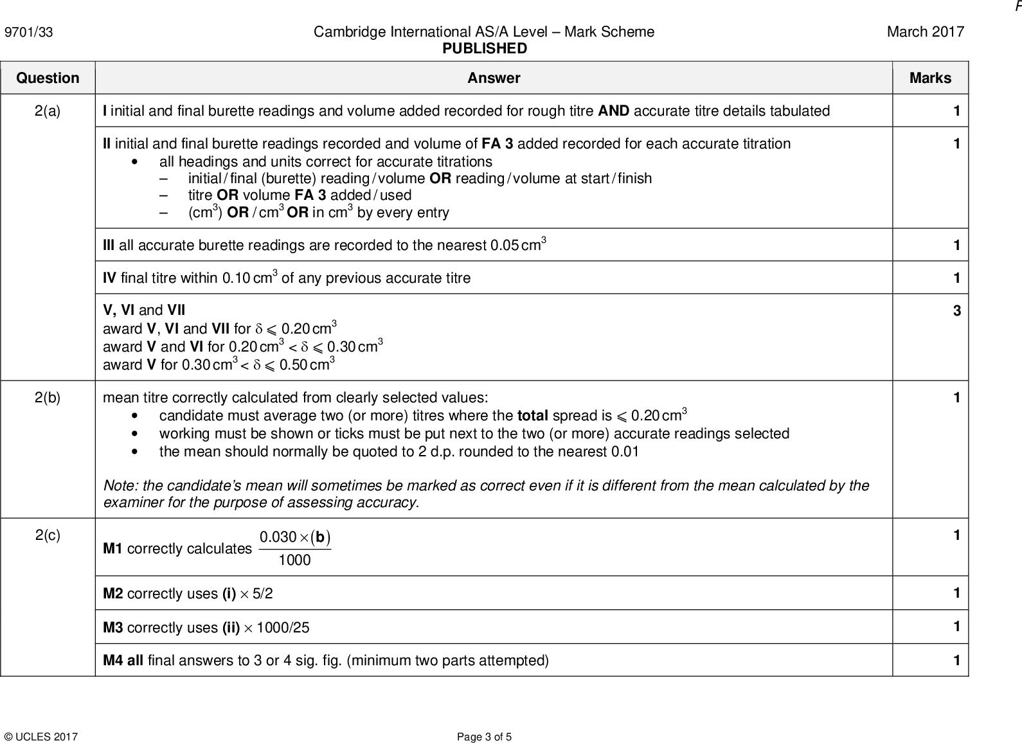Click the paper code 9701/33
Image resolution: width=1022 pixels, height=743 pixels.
point(29,32)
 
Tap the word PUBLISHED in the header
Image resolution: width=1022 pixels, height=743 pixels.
point(484,49)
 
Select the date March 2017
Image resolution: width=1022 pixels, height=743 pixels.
point(925,32)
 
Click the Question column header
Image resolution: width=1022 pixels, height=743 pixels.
point(48,78)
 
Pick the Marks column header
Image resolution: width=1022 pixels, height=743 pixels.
point(929,78)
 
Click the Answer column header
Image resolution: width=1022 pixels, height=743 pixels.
point(493,78)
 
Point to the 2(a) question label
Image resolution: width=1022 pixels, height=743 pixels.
point(48,111)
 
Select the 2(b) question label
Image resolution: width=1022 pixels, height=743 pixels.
point(48,398)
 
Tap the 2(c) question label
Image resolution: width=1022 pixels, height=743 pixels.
point(48,535)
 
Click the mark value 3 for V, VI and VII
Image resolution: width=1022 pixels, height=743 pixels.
point(956,311)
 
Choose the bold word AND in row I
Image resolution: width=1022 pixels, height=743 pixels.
point(613,111)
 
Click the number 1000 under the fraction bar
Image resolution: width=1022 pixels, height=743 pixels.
point(294,560)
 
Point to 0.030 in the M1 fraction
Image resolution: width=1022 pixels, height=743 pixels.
point(278,537)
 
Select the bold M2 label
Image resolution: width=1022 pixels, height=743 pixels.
point(113,594)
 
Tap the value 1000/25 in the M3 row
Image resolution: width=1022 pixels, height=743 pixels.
point(283,628)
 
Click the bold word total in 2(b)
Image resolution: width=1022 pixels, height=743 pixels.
point(532,416)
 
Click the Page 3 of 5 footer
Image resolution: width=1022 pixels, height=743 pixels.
point(484,737)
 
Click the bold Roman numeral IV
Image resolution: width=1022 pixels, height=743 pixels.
point(109,278)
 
